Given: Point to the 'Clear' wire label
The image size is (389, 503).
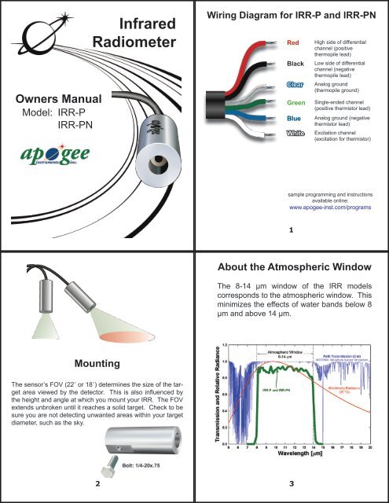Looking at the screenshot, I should point(297,84).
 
